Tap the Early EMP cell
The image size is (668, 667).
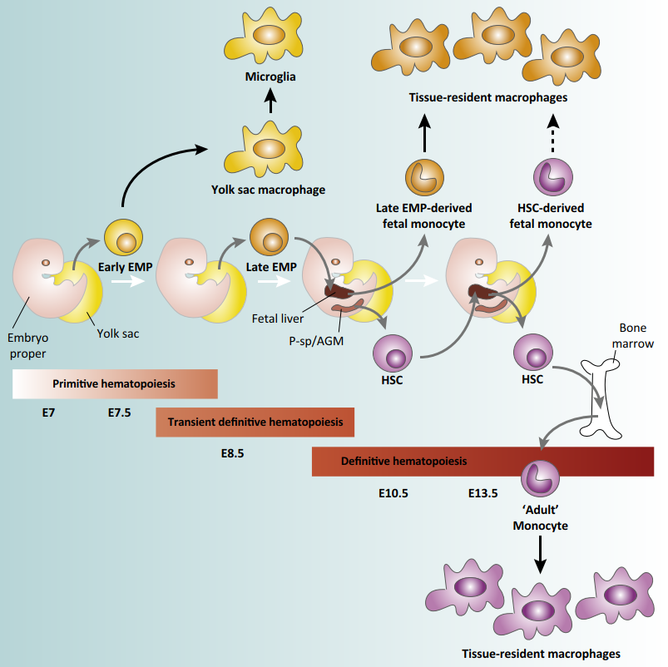coord(124,240)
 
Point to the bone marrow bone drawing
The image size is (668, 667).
coord(603,391)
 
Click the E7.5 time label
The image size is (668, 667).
coord(120,412)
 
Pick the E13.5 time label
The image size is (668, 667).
coord(482,492)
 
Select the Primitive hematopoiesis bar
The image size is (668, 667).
coord(116,384)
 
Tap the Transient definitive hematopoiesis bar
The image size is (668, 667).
coord(255,422)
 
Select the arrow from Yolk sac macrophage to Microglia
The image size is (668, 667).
coord(270,103)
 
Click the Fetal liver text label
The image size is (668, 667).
coord(277,317)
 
